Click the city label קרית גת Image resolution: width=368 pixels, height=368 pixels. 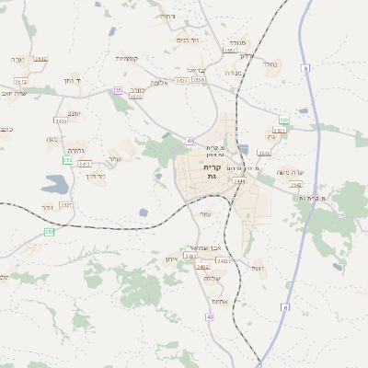tap(212, 171)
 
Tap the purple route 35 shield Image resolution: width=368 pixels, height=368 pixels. tap(118, 90)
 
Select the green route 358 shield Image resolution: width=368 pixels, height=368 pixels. tap(284, 120)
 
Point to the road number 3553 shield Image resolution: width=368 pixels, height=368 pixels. tap(229, 52)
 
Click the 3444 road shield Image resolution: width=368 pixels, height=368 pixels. tap(239, 181)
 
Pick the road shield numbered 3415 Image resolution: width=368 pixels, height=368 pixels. tap(62, 121)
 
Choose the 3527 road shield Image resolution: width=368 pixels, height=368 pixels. tap(66, 205)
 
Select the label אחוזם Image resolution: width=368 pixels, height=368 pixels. tap(219, 302)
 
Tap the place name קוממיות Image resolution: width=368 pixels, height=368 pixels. tap(127, 58)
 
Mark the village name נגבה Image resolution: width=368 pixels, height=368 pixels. tap(17, 58)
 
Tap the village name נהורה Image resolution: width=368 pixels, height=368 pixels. tap(75, 149)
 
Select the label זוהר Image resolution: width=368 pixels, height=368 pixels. tap(258, 269)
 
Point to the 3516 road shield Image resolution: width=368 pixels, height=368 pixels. tap(200, 80)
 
